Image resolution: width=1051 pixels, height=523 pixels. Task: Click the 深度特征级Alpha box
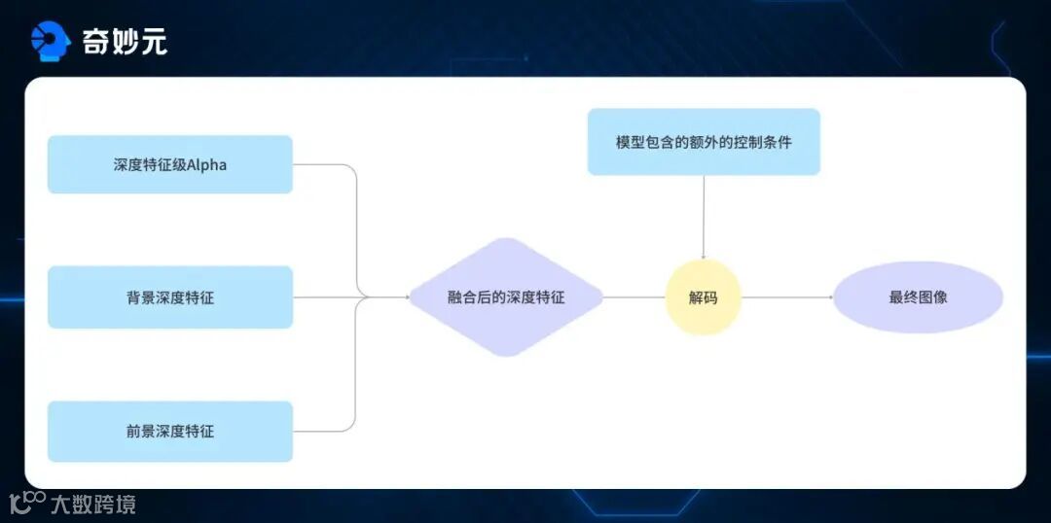coord(169,164)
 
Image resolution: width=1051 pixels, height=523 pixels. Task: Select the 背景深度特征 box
coord(169,297)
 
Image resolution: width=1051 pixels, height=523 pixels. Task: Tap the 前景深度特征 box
coord(169,431)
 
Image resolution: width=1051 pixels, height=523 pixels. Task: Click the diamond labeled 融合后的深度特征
coord(505,297)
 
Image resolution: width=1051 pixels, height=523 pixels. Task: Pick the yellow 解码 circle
coord(703,297)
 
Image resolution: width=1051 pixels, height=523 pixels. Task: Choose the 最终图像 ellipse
coord(918,297)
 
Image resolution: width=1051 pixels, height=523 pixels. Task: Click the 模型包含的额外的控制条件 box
coord(704,142)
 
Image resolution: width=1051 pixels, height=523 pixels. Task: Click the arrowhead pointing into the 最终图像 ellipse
coord(829,297)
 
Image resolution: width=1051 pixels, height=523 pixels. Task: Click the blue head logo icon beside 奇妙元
coord(51,41)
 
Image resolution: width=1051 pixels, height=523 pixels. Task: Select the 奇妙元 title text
coord(125,42)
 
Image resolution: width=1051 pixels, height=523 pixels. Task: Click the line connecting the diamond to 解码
coord(634,297)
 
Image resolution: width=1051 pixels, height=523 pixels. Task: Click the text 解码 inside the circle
coord(703,297)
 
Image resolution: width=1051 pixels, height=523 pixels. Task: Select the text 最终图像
coord(918,297)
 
